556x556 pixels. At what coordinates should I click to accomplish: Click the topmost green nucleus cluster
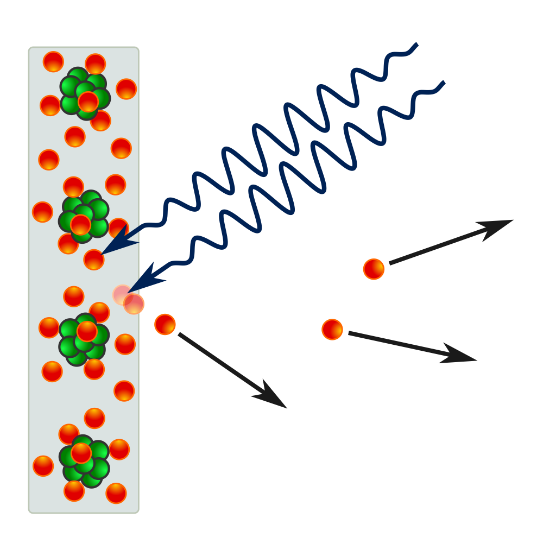(85, 93)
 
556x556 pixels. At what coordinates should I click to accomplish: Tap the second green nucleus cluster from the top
(84, 217)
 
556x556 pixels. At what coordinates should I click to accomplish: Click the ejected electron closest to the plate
(165, 324)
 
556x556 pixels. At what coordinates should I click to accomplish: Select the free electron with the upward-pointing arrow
(374, 269)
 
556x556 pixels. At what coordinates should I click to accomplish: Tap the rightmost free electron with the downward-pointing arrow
(332, 330)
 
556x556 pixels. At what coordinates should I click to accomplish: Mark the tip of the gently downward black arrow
(476, 360)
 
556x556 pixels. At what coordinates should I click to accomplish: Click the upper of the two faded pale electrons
(123, 295)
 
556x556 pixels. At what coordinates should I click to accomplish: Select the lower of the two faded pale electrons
(134, 304)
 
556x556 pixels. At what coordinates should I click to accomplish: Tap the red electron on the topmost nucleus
(88, 102)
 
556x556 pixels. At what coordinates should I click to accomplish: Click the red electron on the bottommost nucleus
(81, 453)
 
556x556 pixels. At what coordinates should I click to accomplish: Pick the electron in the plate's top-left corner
(53, 62)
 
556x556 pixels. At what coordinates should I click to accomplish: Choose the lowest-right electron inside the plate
(116, 493)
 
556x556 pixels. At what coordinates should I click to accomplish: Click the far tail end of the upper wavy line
(417, 43)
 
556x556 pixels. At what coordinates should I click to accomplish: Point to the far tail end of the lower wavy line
(445, 82)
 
